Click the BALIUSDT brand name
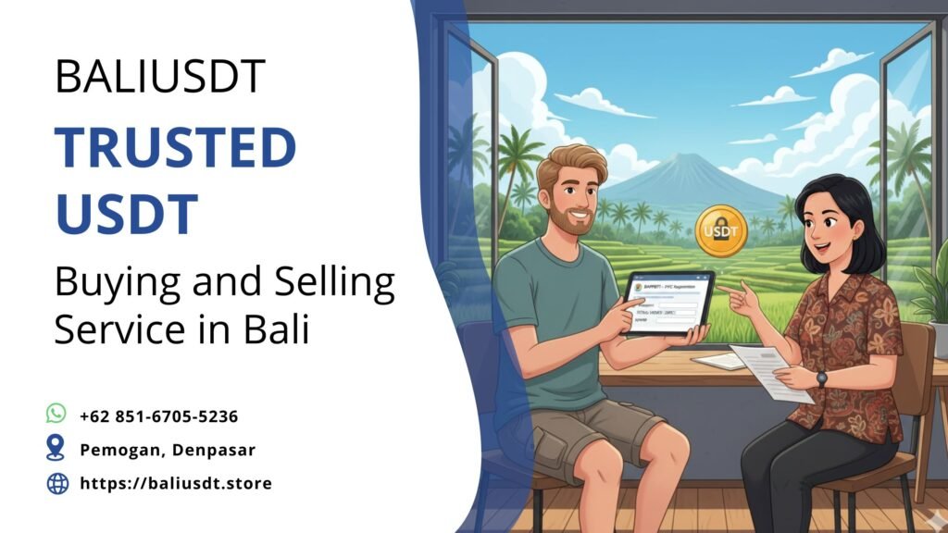(x=160, y=76)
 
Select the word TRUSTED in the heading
(x=175, y=149)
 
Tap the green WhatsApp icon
(x=56, y=414)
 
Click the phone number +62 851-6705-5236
(x=158, y=416)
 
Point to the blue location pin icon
(x=56, y=448)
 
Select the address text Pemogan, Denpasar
(x=167, y=450)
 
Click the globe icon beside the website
(x=57, y=482)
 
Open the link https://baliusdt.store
(x=176, y=483)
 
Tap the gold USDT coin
(x=720, y=230)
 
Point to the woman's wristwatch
(x=821, y=378)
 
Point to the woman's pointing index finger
(x=725, y=290)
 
